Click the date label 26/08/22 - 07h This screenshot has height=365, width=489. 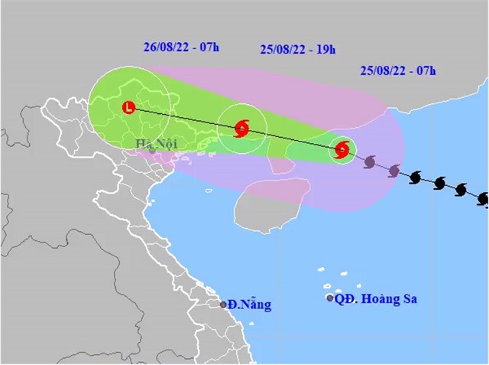point(181,47)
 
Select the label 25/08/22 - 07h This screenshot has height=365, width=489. point(397,71)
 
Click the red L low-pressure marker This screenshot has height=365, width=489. point(128,109)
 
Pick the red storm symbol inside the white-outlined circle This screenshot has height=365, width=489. point(242,129)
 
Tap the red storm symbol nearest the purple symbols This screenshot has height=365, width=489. point(342,150)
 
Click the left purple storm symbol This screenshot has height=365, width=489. point(370,162)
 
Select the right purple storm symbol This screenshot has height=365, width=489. point(394,171)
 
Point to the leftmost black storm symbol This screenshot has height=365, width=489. point(416,178)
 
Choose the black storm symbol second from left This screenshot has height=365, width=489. point(439,184)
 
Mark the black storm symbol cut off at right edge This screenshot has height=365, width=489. point(483,199)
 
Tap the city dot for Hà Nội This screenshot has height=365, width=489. point(152,150)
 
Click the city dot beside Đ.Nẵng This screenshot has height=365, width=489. point(224,305)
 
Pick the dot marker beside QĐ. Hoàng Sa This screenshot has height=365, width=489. point(329,298)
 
